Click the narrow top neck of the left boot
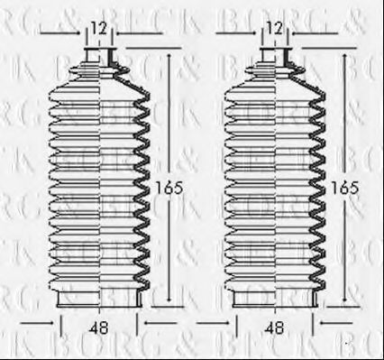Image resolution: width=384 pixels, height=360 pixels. tap(98, 68)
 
